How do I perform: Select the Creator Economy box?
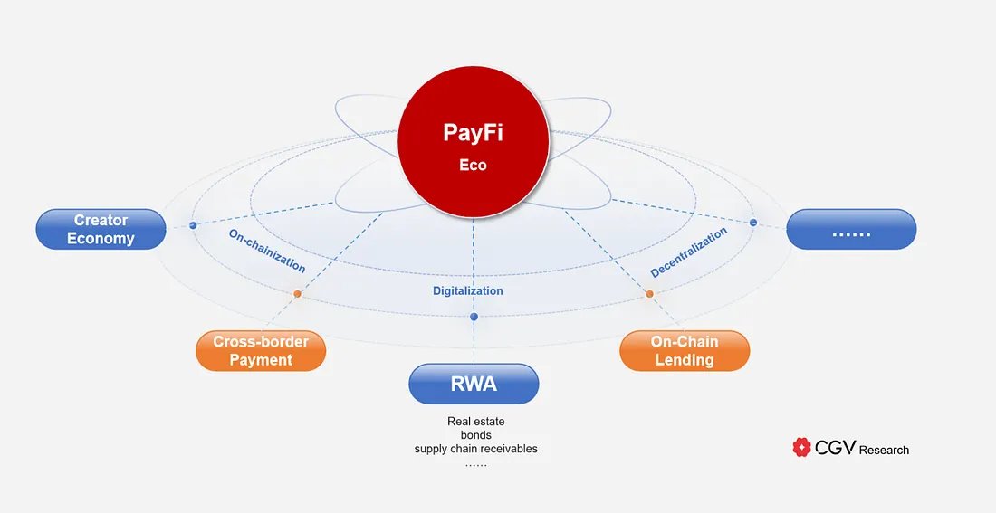[x=101, y=230]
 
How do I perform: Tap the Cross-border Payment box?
[x=261, y=351]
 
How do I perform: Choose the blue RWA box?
[x=474, y=384]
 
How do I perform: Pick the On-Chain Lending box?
[x=685, y=351]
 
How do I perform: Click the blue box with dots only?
[x=851, y=230]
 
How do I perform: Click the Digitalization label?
[x=467, y=291]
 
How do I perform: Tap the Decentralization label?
[x=689, y=252]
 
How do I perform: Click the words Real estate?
[x=475, y=422]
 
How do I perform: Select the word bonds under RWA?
[x=475, y=435]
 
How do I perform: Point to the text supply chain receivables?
[x=475, y=449]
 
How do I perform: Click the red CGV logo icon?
[x=801, y=447]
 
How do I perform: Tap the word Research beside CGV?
[x=884, y=450]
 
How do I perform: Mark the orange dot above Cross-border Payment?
[x=297, y=294]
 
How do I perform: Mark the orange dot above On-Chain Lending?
[x=649, y=294]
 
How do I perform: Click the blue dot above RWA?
[x=474, y=318]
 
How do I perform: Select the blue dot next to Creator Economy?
[x=193, y=224]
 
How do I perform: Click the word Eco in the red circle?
[x=473, y=166]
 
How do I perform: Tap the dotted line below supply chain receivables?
[x=475, y=463]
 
